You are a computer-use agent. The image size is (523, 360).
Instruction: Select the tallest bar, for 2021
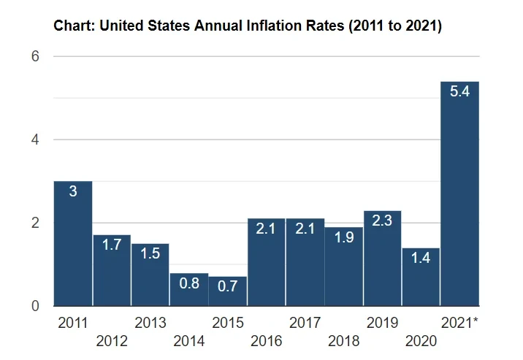pos(460,194)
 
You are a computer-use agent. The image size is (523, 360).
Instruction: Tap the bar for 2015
pos(228,291)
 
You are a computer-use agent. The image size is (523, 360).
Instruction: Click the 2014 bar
pos(189,289)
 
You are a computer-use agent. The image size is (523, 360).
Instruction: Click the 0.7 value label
pos(228,286)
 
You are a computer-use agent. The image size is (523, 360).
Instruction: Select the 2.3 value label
pos(383,220)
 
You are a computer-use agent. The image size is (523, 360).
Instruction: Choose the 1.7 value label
pos(112,245)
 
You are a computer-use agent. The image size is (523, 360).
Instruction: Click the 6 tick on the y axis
pos(34,56)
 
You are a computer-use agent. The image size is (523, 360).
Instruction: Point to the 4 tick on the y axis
pos(34,139)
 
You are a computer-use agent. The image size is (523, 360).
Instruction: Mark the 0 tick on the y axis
pos(34,306)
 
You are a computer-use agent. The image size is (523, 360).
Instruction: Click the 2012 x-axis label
pos(112,340)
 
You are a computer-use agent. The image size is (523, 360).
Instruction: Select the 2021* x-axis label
pos(460,322)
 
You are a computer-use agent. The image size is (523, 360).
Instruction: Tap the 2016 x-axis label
pos(266,340)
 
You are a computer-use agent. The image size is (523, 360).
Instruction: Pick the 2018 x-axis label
pos(343,340)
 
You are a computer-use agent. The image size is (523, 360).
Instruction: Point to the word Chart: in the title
pos(75,27)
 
